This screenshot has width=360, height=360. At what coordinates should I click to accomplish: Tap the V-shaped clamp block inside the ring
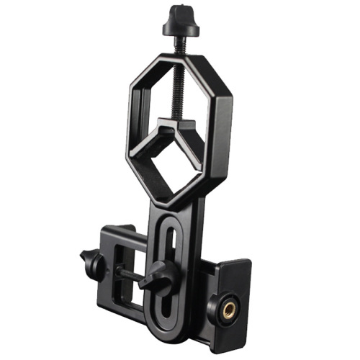point(174,134)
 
